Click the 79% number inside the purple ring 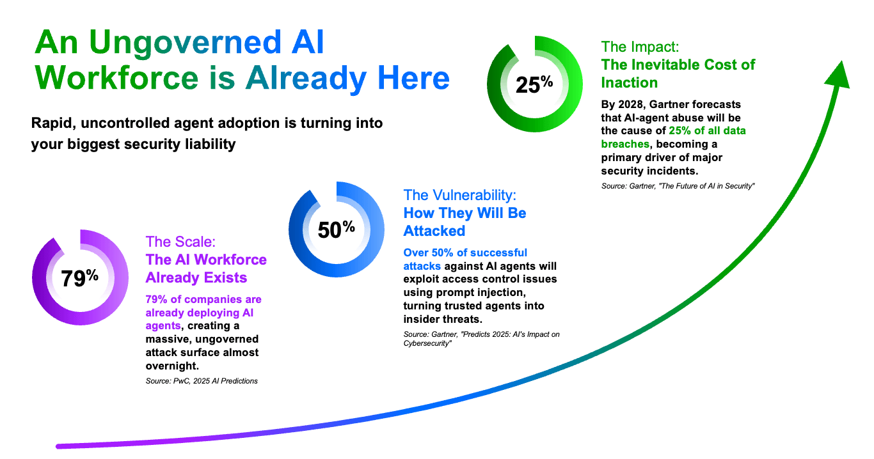coord(79,278)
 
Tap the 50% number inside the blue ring coord(336,228)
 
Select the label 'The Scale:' coord(180,242)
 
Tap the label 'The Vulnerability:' coord(459,194)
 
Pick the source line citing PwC coord(202,381)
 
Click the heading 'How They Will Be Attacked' coord(465,221)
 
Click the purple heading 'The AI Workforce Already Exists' coord(206,268)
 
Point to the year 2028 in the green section coord(636,104)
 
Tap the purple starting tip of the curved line coord(60,446)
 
